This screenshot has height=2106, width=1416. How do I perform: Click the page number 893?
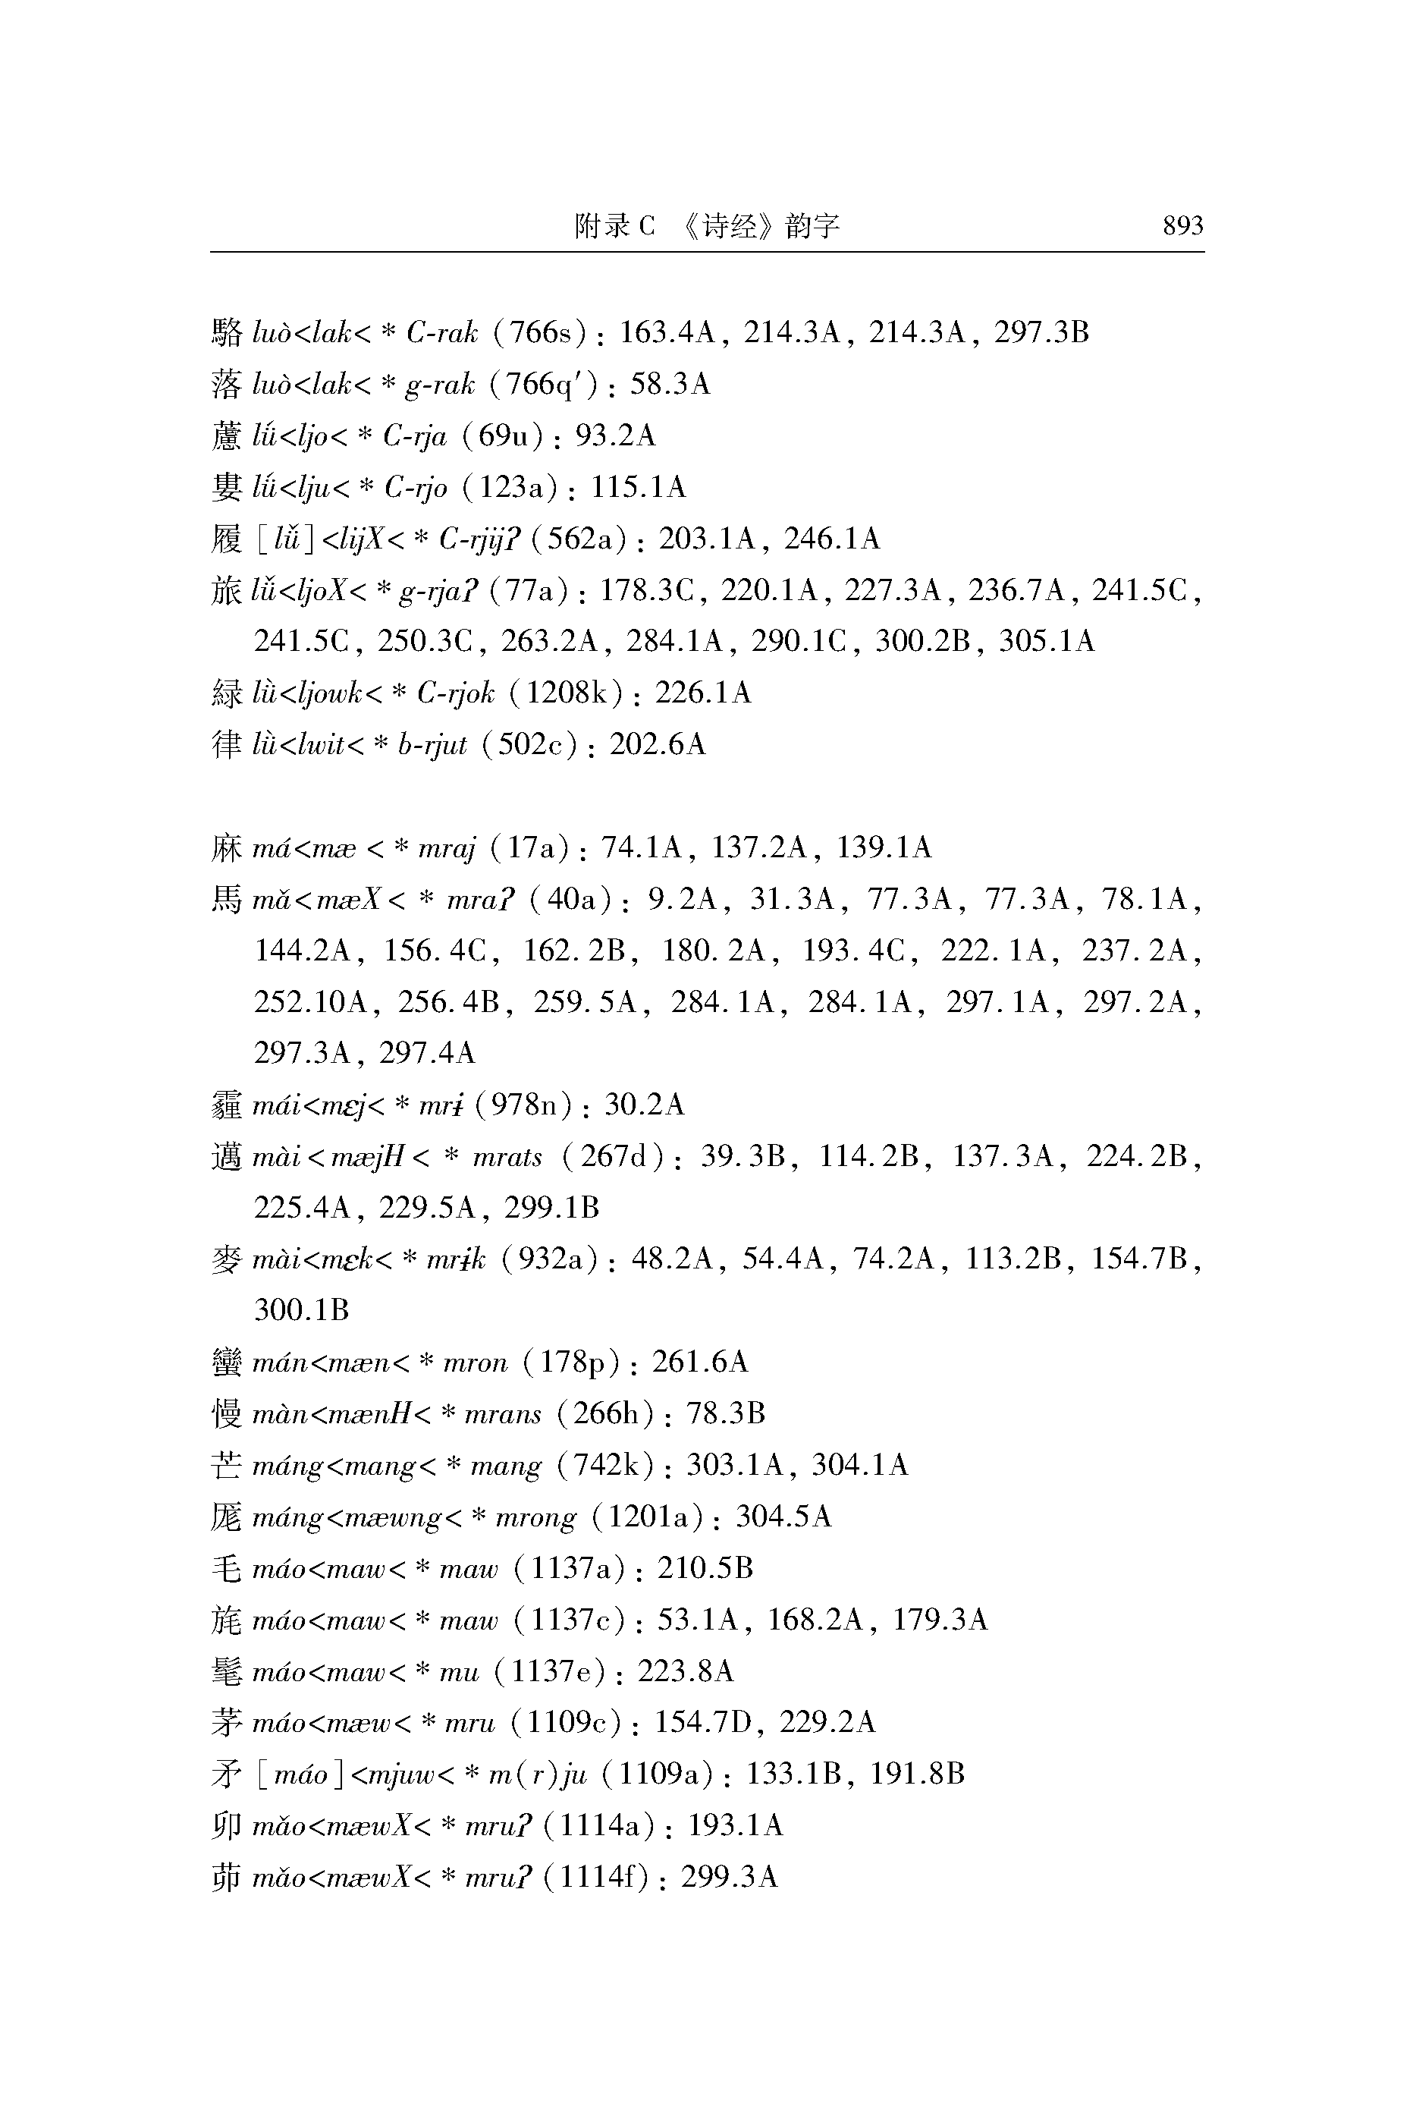(1182, 225)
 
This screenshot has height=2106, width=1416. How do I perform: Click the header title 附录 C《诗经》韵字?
(707, 225)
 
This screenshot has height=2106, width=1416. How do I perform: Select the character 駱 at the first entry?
(227, 333)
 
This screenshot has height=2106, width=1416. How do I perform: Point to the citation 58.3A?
(669, 385)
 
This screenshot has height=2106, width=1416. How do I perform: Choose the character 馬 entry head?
(227, 900)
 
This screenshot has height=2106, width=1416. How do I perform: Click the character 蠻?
(227, 1362)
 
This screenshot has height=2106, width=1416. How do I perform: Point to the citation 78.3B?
(725, 1413)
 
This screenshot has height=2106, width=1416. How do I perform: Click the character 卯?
(227, 1826)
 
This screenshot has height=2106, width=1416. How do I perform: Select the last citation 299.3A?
(729, 1878)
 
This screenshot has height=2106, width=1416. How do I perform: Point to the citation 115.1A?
(639, 488)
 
